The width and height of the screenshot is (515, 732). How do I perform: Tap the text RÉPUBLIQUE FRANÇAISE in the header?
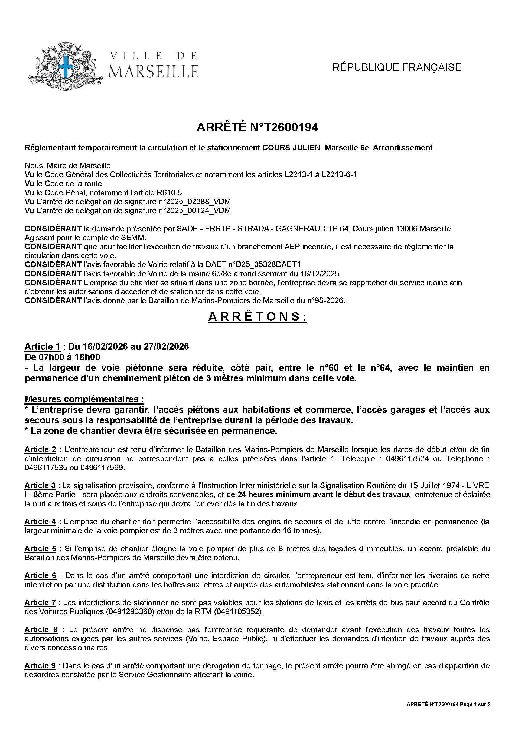pos(397,67)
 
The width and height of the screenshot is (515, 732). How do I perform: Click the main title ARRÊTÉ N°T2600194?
pos(257,128)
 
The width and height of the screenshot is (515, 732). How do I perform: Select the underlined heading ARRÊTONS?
pos(257,317)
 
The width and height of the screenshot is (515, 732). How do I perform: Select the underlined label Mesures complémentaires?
pos(84,399)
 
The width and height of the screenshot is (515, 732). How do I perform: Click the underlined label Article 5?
pos(40,549)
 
